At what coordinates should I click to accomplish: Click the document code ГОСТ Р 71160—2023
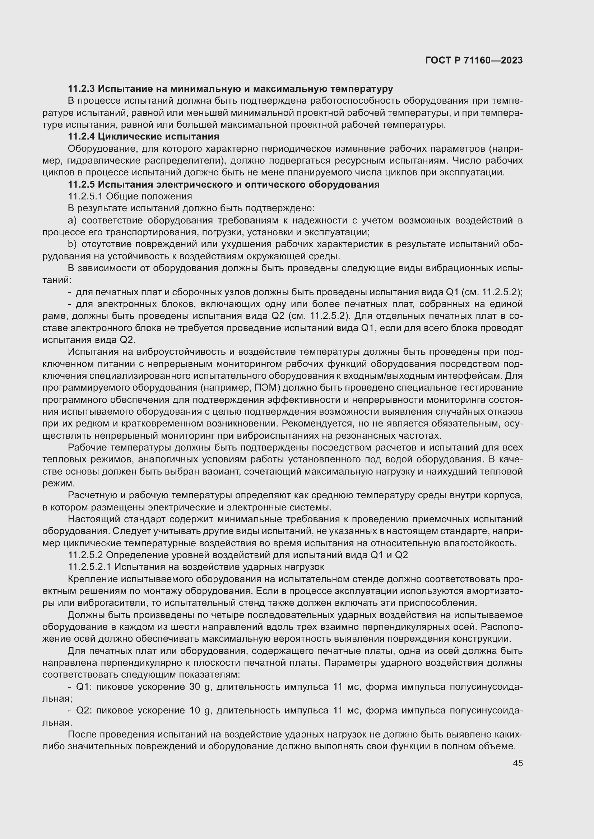474,61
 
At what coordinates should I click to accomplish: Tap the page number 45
518,763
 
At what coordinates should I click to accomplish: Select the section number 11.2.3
82,89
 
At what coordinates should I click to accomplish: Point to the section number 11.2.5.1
85,197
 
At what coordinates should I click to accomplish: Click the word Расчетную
92,496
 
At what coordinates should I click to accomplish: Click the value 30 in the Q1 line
195,687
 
